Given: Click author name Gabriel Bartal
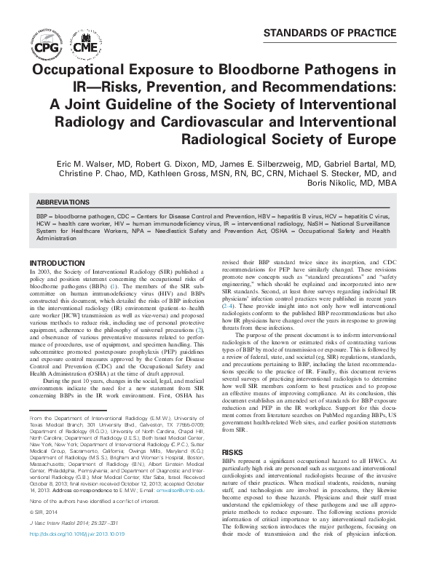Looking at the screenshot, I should (x=354, y=165).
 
